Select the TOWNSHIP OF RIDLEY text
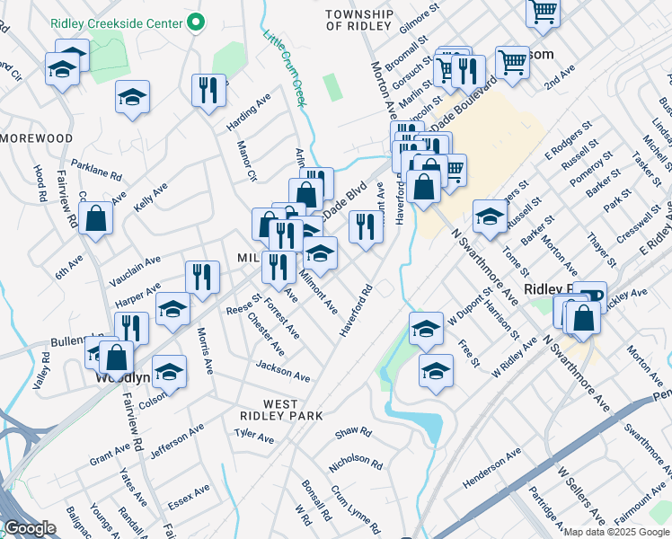coord(359,21)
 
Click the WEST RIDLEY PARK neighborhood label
coord(281,411)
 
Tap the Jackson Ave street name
coord(282,371)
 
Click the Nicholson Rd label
coord(356,462)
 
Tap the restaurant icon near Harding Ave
coord(208,91)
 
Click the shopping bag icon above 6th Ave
coord(96,218)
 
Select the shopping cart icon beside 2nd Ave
coord(512,63)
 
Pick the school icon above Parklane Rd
coord(133,98)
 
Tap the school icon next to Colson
coord(169,371)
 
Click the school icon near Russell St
coord(490,216)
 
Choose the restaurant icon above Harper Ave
coord(202,278)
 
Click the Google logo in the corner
coord(30,528)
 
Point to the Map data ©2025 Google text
coord(615,532)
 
